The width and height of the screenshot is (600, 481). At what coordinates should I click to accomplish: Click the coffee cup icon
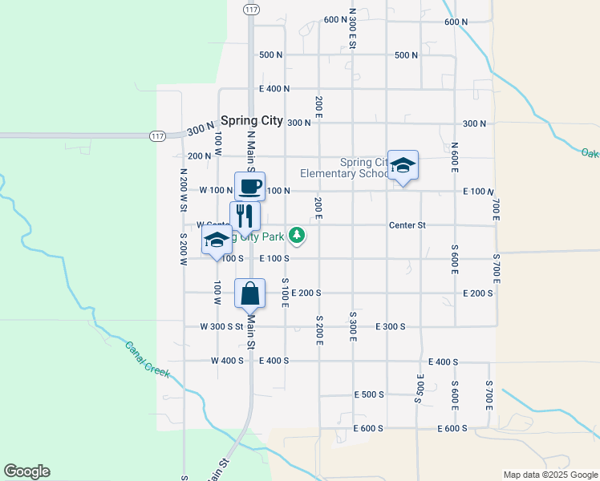249,187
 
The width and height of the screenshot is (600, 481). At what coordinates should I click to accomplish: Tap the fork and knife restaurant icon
245,216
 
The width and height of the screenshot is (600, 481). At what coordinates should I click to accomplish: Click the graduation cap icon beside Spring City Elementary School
403,165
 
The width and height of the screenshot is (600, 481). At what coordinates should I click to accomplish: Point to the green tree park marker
298,235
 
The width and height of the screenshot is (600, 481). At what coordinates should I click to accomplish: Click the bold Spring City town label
252,120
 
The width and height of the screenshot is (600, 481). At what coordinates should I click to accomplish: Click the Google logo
26,471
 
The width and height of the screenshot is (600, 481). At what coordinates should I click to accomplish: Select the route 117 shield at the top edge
252,9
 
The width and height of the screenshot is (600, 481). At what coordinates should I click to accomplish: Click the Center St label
407,225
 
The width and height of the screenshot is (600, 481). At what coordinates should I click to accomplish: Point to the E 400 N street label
274,89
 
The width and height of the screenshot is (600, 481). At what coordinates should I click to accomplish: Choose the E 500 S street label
369,394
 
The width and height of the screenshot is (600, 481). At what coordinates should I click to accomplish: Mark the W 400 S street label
227,361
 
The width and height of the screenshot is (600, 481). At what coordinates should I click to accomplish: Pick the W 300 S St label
221,326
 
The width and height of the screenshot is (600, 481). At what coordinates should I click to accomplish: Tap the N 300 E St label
352,28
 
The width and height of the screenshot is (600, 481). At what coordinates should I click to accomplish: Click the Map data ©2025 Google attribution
549,475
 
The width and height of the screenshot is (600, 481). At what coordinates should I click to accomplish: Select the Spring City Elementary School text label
345,168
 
